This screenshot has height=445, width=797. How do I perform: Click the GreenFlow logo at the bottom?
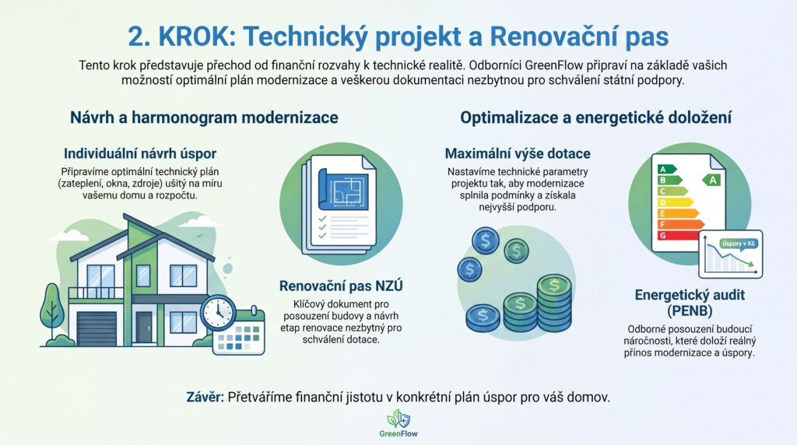[x=398, y=423]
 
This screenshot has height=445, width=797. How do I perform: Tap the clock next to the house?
[x=218, y=313]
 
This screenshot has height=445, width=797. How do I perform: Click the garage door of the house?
[x=97, y=328]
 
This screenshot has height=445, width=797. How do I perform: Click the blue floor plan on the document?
[x=343, y=189]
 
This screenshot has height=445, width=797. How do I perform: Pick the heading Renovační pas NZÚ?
[x=341, y=286]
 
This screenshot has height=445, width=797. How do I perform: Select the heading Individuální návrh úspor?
[x=140, y=153]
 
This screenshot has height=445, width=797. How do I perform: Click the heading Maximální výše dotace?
[x=518, y=153]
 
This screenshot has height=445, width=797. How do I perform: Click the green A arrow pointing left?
[x=711, y=179]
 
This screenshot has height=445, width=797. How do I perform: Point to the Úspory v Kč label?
[x=739, y=244]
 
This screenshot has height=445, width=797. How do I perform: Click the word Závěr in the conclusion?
[x=205, y=397]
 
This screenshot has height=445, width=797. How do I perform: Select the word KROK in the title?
[x=197, y=37]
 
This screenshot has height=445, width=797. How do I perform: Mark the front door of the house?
[x=143, y=327]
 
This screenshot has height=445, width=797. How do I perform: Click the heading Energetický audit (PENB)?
[x=690, y=303]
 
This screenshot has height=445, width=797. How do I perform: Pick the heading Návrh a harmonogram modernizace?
[x=204, y=117]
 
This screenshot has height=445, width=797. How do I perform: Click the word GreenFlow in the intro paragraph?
[x=555, y=65]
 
